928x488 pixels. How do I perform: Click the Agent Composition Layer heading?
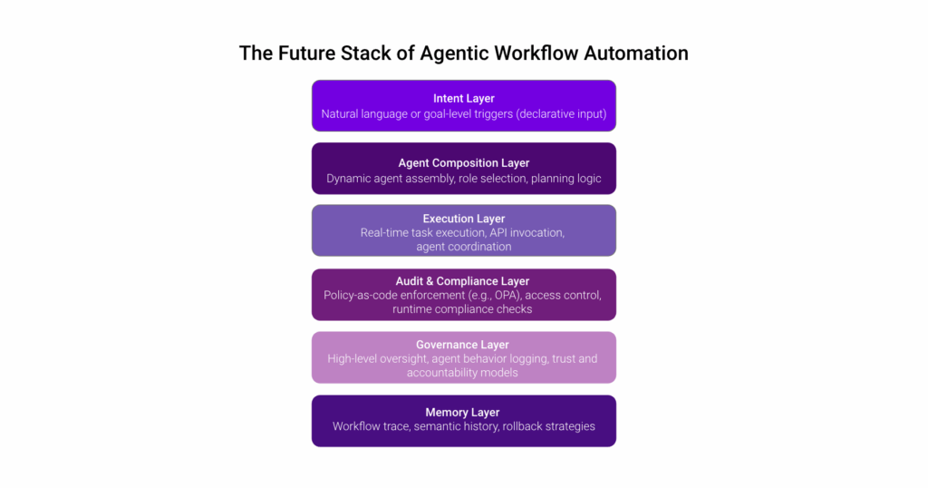(x=463, y=163)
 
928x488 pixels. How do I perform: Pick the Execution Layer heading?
(x=463, y=219)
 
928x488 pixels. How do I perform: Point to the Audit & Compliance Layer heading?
(x=463, y=281)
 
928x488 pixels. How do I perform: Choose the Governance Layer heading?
(x=463, y=345)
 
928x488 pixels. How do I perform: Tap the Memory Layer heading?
(x=463, y=412)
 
